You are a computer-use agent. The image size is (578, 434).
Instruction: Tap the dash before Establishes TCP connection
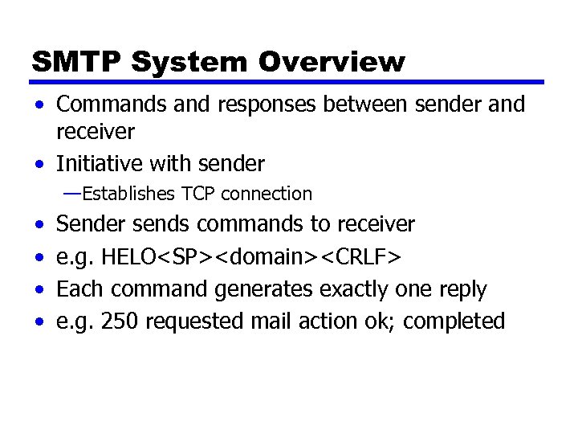click(72, 193)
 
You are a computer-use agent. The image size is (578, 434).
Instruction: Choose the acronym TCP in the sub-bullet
click(199, 194)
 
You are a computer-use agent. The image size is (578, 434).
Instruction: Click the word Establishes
click(129, 194)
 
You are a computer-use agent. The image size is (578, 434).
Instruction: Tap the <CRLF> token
click(364, 256)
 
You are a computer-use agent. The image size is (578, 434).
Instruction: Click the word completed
click(454, 322)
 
